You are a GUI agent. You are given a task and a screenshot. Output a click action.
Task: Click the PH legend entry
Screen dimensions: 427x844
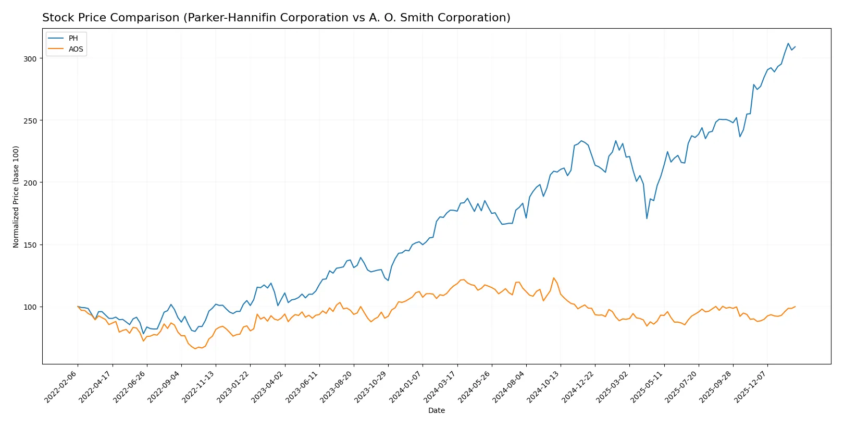pyautogui.click(x=73, y=38)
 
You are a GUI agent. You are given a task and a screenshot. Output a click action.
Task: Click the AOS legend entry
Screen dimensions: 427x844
pyautogui.click(x=76, y=49)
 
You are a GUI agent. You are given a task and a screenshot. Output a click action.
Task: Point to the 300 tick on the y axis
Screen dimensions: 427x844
pyautogui.click(x=30, y=59)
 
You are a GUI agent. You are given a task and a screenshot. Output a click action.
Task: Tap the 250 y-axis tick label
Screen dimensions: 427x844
pyautogui.click(x=30, y=121)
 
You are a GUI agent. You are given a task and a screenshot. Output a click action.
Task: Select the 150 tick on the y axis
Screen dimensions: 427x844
pyautogui.click(x=30, y=245)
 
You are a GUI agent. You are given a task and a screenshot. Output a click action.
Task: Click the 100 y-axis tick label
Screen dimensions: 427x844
pyautogui.click(x=30, y=307)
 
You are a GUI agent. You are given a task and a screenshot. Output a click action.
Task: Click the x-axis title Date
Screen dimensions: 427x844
pyautogui.click(x=436, y=410)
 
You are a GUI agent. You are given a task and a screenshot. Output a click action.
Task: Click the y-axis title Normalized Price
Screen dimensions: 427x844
pyautogui.click(x=16, y=197)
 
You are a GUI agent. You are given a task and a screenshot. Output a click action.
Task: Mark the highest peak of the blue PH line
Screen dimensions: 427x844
pyautogui.click(x=788, y=43)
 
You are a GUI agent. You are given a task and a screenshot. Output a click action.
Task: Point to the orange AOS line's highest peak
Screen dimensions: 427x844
pyautogui.click(x=554, y=278)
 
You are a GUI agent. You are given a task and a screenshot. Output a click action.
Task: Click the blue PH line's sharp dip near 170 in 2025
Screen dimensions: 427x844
pyautogui.click(x=647, y=218)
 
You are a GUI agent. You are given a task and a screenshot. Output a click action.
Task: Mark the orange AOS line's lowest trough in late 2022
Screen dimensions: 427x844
pyautogui.click(x=195, y=348)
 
